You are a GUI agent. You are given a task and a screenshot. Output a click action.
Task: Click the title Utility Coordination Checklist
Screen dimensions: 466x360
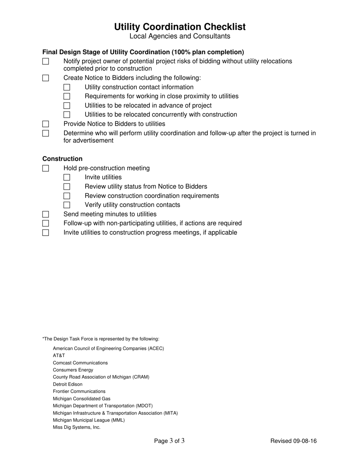180,27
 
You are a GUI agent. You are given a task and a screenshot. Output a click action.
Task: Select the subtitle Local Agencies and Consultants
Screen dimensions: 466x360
180,36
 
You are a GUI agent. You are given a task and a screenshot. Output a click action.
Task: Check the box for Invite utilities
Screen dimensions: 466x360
67,177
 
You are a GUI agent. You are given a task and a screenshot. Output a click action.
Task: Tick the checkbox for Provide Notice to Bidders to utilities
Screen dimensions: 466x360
45,124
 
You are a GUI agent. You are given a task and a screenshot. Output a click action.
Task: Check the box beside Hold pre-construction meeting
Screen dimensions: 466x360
45,168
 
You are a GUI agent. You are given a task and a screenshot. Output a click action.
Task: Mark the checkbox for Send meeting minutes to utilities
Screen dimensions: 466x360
45,214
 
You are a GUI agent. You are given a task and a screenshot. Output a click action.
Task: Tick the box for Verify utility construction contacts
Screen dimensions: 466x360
67,205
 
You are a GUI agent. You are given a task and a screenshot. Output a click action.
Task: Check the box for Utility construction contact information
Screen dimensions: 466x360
67,87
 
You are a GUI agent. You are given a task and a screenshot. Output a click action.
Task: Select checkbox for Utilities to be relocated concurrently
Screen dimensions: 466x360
67,115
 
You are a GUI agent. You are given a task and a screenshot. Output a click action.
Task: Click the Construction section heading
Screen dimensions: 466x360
62,159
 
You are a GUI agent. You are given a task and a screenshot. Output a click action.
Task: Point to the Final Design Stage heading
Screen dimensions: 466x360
143,52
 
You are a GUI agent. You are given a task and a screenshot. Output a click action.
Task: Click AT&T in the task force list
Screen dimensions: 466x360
59,355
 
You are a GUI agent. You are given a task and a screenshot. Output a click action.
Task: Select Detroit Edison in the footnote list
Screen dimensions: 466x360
67,384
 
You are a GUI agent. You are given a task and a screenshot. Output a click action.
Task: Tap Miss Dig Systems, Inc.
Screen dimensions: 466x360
77,427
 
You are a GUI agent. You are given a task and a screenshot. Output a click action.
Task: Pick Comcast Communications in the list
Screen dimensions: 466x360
80,363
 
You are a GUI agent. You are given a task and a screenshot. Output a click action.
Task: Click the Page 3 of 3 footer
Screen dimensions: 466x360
169,441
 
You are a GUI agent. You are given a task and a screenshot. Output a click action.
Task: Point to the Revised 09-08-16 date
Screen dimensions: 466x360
293,441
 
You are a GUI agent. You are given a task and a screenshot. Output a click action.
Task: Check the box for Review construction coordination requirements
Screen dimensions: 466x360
67,196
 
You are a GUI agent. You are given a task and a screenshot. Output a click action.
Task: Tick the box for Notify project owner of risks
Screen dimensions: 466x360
45,61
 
